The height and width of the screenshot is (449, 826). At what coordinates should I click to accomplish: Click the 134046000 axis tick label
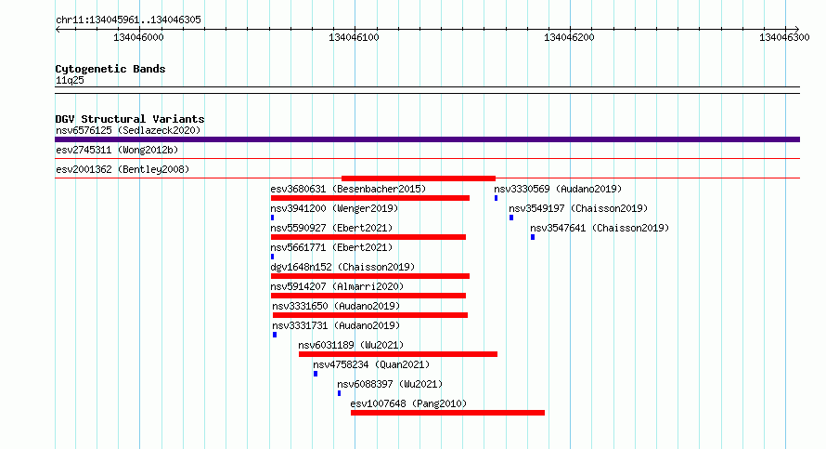tap(138, 37)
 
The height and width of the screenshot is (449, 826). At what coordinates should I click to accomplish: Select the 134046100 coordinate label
tap(354, 37)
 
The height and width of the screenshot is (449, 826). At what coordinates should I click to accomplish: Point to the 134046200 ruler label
tap(569, 37)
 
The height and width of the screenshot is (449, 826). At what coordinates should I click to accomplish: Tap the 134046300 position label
tap(784, 37)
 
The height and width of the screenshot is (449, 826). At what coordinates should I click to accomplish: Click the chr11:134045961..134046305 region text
tap(128, 20)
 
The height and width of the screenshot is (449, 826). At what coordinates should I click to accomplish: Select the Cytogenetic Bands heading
tap(110, 69)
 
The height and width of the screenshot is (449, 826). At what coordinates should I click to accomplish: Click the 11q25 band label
tap(70, 80)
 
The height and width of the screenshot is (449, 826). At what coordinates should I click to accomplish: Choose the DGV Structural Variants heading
tap(130, 119)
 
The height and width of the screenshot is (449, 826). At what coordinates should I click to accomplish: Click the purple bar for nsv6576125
tap(427, 139)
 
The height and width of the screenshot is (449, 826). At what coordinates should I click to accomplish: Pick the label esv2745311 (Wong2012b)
tap(117, 150)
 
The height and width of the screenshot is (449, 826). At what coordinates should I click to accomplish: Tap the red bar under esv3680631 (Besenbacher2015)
tap(369, 198)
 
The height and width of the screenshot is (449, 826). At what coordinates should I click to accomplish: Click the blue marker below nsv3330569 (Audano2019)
tap(496, 198)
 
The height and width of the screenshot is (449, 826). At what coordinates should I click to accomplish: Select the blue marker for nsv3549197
tap(511, 218)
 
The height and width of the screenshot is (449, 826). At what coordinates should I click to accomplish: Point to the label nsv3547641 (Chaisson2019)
tap(600, 228)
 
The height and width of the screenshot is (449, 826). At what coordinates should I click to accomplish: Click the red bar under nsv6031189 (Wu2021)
tap(398, 354)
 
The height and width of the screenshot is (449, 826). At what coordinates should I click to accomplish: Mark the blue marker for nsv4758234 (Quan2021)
tap(316, 374)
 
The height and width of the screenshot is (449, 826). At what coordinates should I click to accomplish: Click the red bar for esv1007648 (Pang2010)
tap(447, 413)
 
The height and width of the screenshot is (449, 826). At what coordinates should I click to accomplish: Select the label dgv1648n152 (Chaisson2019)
tap(342, 267)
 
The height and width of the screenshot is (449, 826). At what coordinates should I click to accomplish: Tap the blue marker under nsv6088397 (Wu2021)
tap(340, 393)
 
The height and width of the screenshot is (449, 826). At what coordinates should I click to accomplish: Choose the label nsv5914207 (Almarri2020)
tap(337, 286)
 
